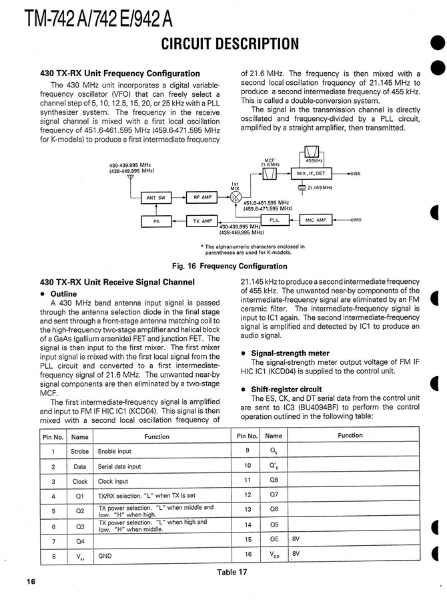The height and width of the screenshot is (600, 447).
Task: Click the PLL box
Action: click(x=274, y=219)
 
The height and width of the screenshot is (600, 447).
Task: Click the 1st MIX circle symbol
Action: click(x=235, y=198)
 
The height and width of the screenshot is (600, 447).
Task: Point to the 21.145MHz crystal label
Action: click(x=320, y=188)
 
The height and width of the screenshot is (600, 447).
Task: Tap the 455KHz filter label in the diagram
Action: click(x=315, y=160)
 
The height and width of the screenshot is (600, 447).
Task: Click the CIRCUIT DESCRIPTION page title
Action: click(x=230, y=44)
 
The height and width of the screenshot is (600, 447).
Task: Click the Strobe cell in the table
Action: click(x=79, y=452)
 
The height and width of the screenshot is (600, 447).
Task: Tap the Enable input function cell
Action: click(x=115, y=452)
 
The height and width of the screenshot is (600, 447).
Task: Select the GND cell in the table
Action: click(x=105, y=555)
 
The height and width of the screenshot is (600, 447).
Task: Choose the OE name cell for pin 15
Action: click(x=274, y=539)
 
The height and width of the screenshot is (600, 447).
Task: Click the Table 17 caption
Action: click(x=232, y=572)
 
